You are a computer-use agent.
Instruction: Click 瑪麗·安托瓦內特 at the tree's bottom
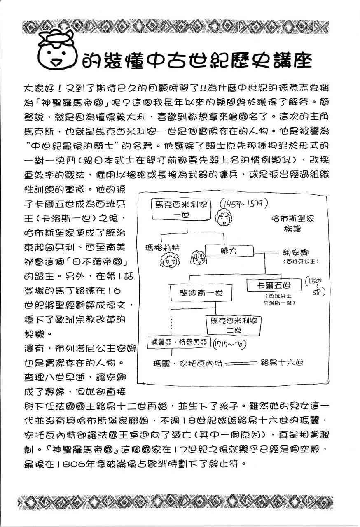[x=182, y=363]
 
